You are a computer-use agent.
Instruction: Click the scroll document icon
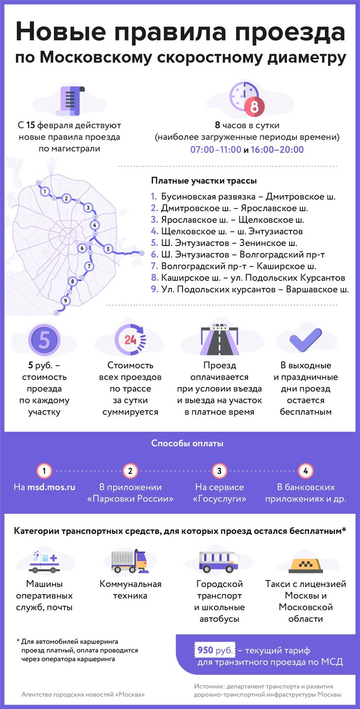(x=70, y=101)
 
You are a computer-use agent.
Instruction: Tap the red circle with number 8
(x=254, y=106)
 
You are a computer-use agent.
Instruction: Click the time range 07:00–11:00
(x=216, y=149)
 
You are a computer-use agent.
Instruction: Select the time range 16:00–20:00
(x=277, y=149)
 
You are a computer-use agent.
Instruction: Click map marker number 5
(x=108, y=249)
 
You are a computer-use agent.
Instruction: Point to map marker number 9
(x=65, y=301)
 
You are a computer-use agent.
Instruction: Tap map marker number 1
(x=45, y=191)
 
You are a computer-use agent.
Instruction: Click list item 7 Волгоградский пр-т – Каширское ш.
(x=233, y=266)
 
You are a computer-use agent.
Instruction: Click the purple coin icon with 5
(x=44, y=340)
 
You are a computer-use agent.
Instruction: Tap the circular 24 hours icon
(x=130, y=340)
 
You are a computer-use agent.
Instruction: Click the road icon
(x=219, y=339)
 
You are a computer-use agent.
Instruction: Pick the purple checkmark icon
(x=306, y=340)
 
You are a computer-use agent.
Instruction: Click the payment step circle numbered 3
(x=219, y=471)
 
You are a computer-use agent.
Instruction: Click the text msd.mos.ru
(x=51, y=487)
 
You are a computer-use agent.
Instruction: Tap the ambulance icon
(x=44, y=561)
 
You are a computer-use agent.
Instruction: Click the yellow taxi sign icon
(x=306, y=566)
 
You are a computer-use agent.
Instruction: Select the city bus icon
(x=218, y=562)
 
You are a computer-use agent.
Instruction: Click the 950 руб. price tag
(x=215, y=650)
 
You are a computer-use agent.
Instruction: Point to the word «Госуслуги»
(x=219, y=499)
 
